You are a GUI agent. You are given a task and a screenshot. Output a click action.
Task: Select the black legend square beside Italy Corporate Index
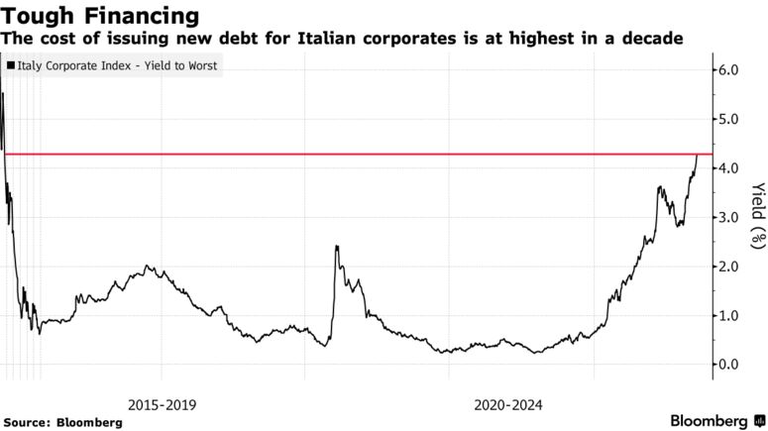(x=10, y=66)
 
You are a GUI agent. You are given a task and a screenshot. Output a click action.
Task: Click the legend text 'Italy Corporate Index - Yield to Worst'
(x=118, y=66)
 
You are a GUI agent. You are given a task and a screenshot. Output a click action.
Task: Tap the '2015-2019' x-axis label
(x=162, y=404)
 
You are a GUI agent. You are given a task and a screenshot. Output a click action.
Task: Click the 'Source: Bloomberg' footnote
(x=63, y=422)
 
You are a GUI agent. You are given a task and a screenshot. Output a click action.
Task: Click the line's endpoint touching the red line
(x=697, y=156)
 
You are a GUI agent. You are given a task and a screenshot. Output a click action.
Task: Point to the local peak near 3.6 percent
(x=659, y=186)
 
